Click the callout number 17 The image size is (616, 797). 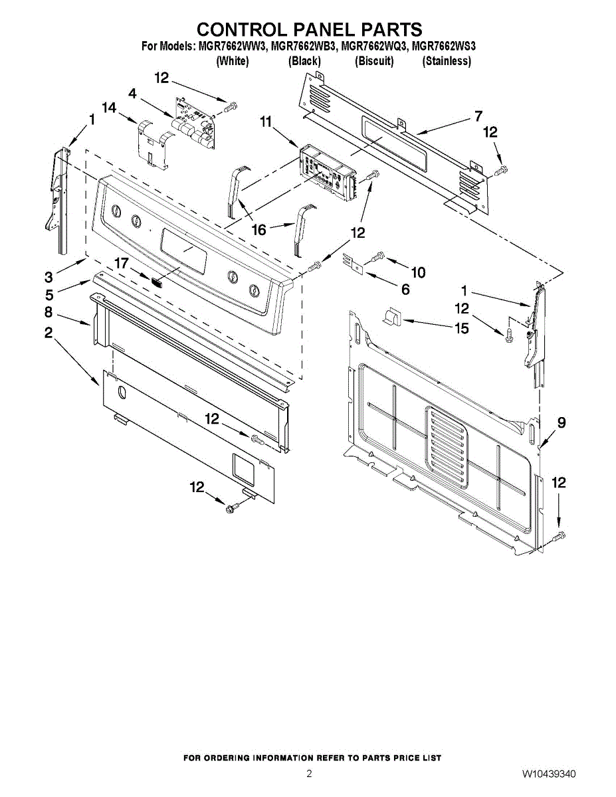coord(121,264)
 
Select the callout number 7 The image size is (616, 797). coord(478,116)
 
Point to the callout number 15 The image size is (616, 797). coord(461,328)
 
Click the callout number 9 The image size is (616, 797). coord(562,422)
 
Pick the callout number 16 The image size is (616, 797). coord(258,230)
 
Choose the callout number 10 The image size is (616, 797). coord(418,272)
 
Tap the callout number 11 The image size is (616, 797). coord(266,122)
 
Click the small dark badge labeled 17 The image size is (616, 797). coord(156,280)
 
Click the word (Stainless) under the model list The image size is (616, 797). coord(447,61)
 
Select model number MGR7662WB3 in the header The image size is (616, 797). coord(306,46)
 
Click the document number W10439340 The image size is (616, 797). coord(548,774)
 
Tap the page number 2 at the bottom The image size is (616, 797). coord(309,774)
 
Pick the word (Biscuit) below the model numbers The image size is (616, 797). coord(374,61)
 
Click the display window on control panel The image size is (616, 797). coord(183,248)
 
